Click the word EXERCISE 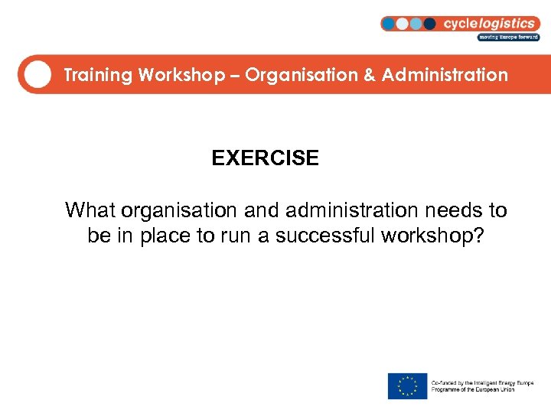click(x=265, y=158)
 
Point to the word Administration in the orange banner click(x=445, y=75)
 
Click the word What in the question click(x=90, y=210)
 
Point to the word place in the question click(x=166, y=236)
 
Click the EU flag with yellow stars click(x=407, y=385)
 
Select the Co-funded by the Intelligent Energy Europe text click(x=482, y=382)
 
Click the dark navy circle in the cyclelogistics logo click(x=429, y=24)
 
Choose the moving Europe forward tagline click(x=509, y=37)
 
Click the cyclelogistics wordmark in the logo click(x=491, y=23)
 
